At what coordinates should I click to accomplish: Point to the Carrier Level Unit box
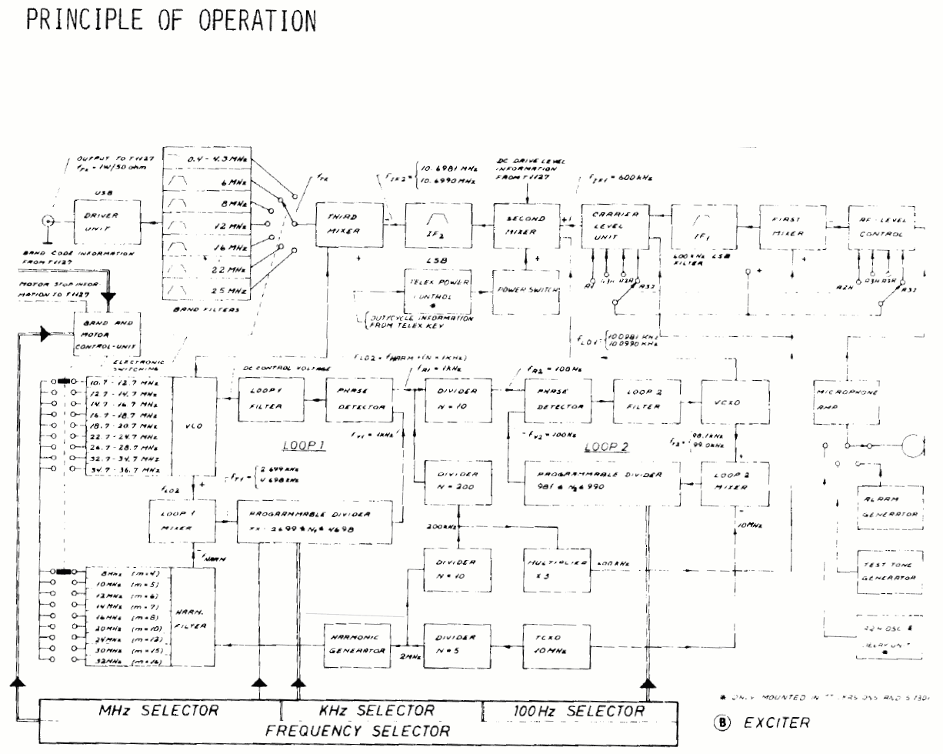[x=613, y=225]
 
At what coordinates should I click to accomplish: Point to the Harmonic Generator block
[x=356, y=642]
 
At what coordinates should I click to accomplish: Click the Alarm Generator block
[x=890, y=506]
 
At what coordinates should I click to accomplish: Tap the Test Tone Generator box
[x=890, y=572]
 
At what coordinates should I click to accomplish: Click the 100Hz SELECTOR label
[x=578, y=711]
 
